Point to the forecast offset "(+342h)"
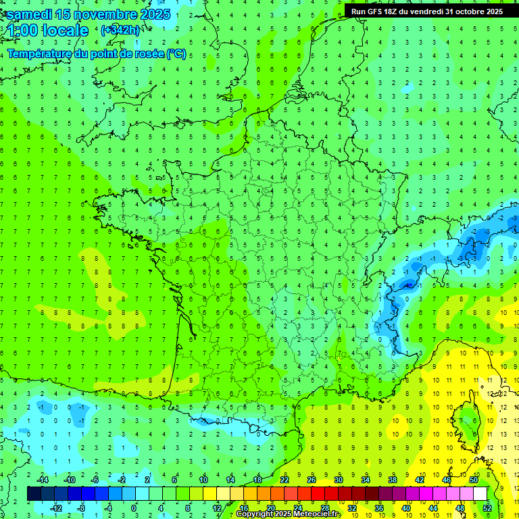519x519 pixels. [x=120, y=30]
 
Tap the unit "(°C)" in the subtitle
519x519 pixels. [x=176, y=53]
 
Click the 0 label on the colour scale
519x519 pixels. [x=134, y=508]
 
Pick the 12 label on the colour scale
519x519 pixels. [x=216, y=508]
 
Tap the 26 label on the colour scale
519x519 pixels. [x=312, y=480]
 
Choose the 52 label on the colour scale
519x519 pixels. [x=487, y=508]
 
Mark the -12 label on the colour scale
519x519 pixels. [x=57, y=508]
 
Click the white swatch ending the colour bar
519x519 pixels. [x=480, y=493]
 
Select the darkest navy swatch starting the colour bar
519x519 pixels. [x=34, y=493]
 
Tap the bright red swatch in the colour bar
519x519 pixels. [x=318, y=493]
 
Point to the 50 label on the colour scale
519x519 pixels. [x=474, y=480]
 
